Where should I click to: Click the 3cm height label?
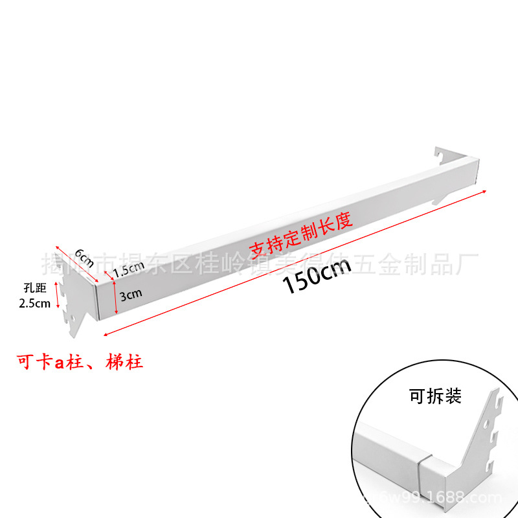click(130, 295)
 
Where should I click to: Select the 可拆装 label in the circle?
click(435, 396)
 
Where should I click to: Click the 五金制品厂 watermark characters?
click(428, 264)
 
